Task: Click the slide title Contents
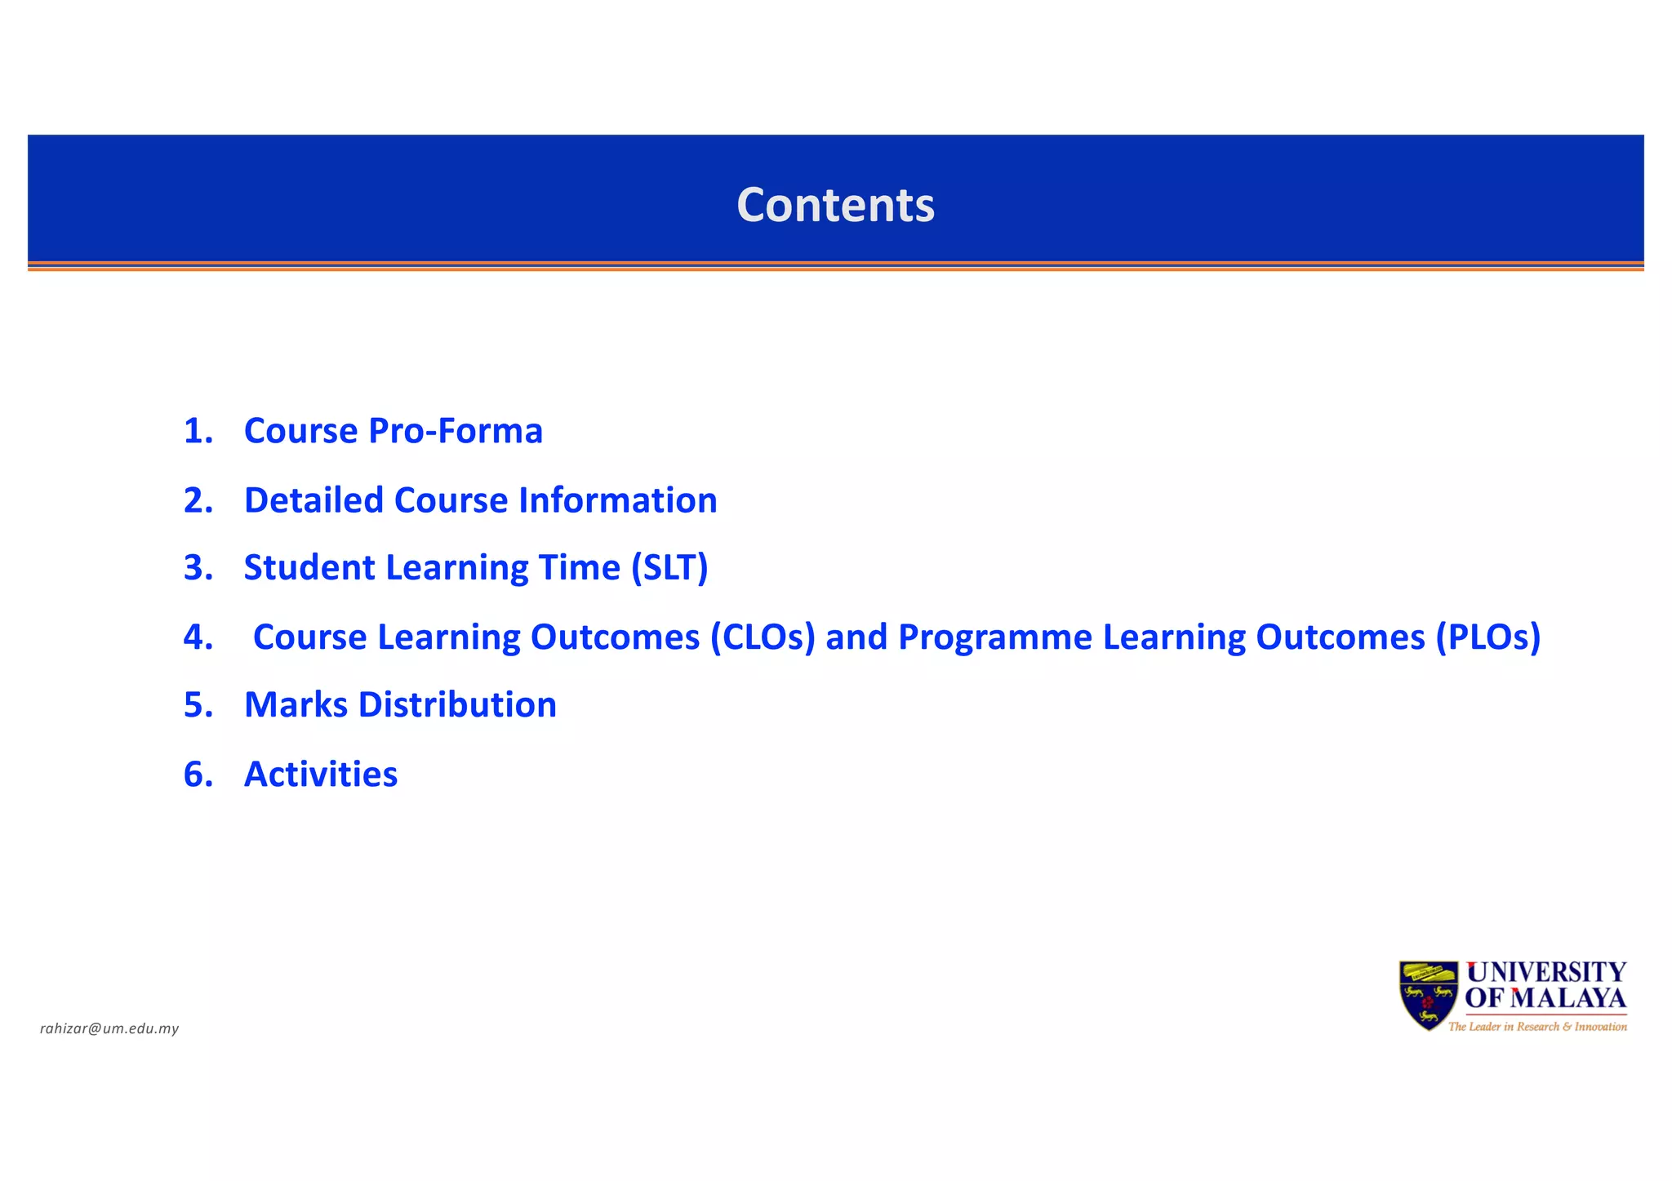[x=835, y=205]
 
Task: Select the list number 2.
[x=198, y=500]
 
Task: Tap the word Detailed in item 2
[x=313, y=500]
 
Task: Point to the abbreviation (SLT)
[x=669, y=568]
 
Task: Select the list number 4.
[x=198, y=637]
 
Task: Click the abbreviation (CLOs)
[x=763, y=637]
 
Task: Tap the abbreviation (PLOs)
[x=1487, y=637]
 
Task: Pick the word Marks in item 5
[x=296, y=705]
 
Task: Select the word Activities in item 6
[x=321, y=775]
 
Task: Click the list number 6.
[x=198, y=775]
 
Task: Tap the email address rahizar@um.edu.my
[x=109, y=1028]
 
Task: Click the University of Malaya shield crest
[x=1428, y=995]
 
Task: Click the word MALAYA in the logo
[x=1568, y=998]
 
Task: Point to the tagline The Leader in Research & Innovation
[x=1537, y=1027]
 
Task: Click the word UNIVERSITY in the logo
[x=1546, y=972]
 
